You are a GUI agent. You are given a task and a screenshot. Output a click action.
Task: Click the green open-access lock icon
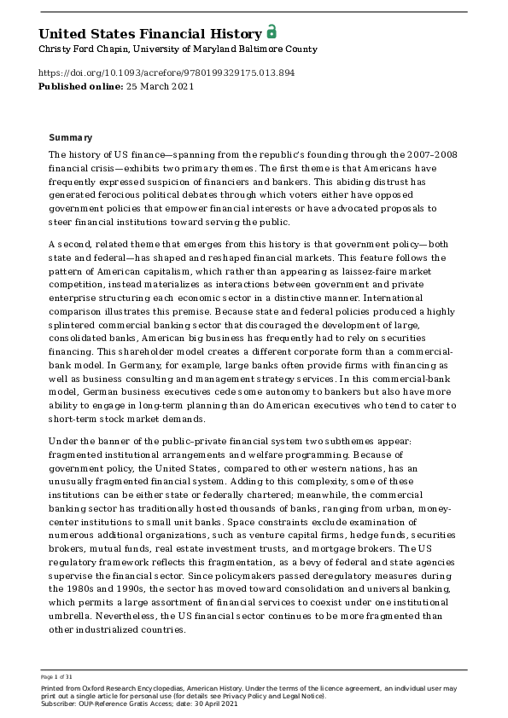tap(272, 32)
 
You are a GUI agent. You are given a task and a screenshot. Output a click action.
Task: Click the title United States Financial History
tap(150, 34)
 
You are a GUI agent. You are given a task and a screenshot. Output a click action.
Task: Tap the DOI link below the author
tap(166, 73)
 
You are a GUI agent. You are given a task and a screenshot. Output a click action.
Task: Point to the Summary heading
tap(71, 138)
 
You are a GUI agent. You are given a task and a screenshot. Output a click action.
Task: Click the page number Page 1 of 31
tap(56, 676)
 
